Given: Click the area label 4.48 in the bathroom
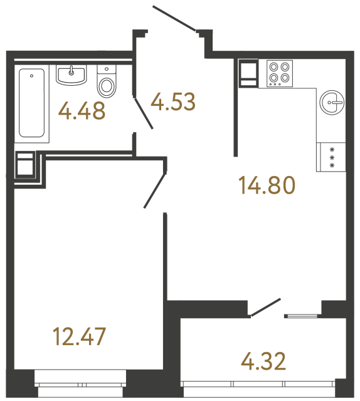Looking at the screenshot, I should (81, 112).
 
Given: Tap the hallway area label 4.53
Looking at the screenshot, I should (173, 101).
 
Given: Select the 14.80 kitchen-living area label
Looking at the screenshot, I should (267, 185).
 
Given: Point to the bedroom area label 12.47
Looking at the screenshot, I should (80, 336).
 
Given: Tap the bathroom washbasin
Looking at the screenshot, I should (71, 75).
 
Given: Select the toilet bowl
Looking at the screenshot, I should (108, 85).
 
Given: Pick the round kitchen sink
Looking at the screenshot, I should (332, 101).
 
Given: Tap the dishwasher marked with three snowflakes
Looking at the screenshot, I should (332, 157).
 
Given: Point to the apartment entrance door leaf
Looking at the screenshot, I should (175, 18).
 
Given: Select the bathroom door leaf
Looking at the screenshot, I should (144, 113).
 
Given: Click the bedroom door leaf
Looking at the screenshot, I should (155, 189).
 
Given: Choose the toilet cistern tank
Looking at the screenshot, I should (108, 70).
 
